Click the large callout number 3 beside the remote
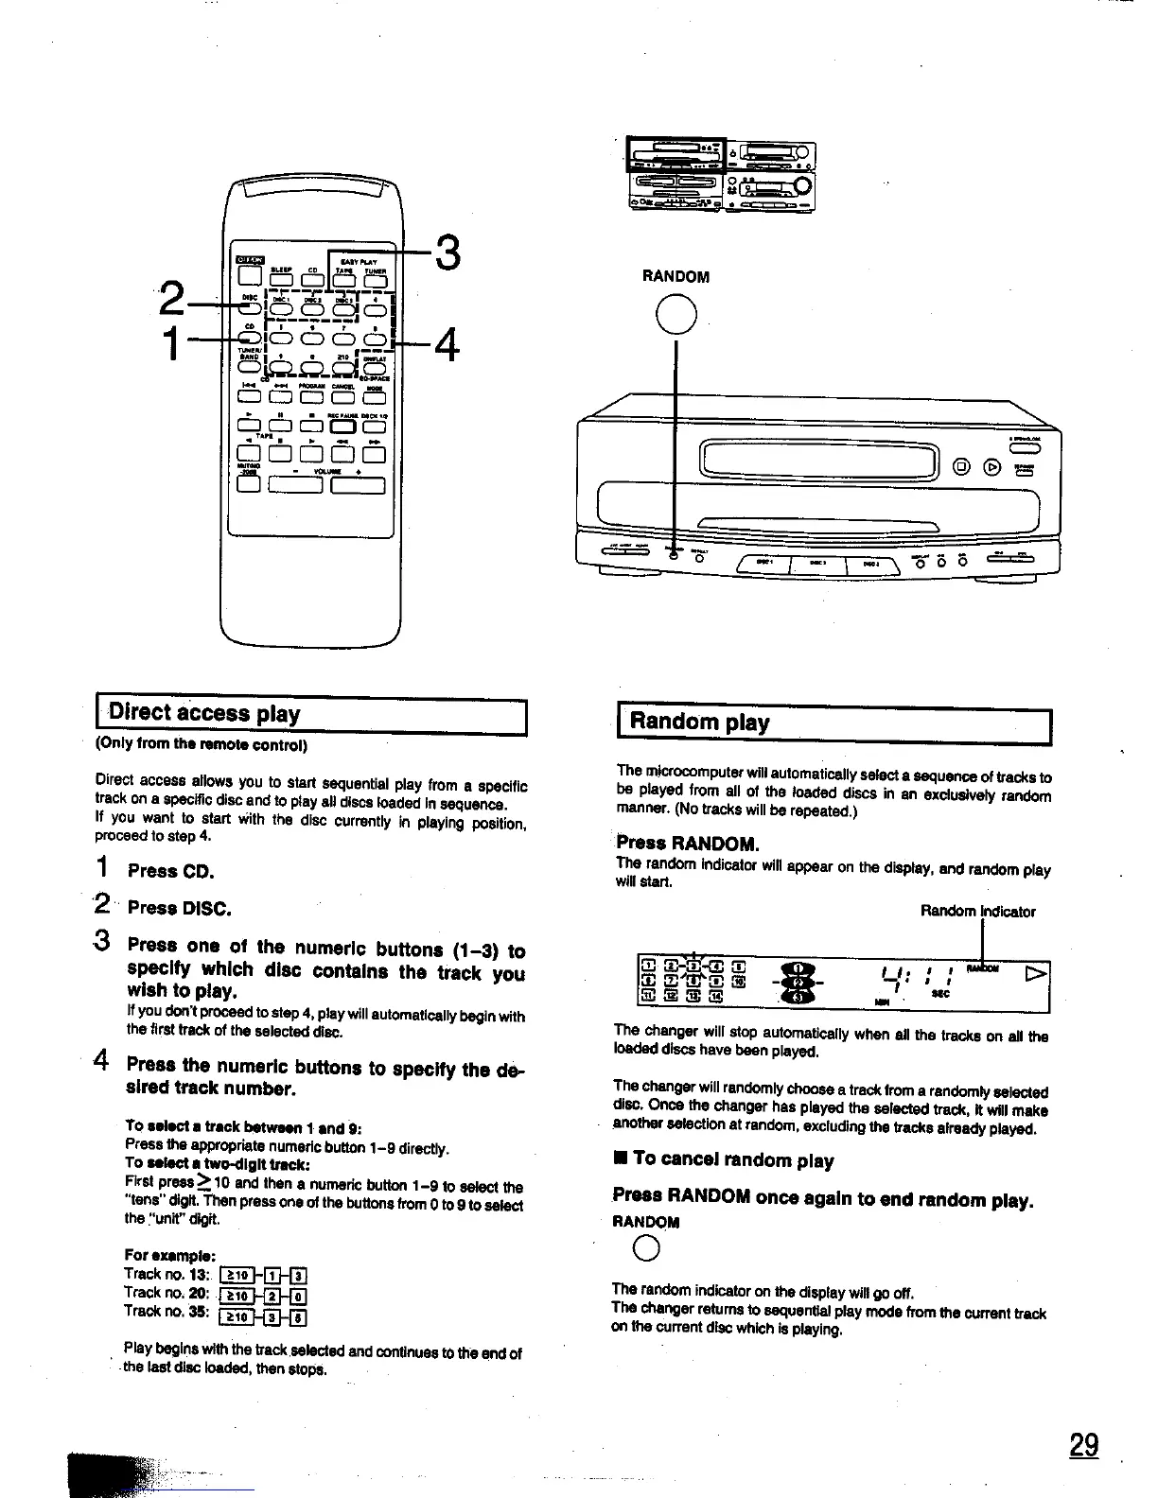[447, 253]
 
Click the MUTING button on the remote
[249, 485]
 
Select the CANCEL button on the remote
[342, 397]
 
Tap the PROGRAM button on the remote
[311, 397]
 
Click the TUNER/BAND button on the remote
[249, 367]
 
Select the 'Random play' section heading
[699, 723]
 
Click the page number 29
[1084, 1445]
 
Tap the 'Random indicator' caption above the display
[977, 912]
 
